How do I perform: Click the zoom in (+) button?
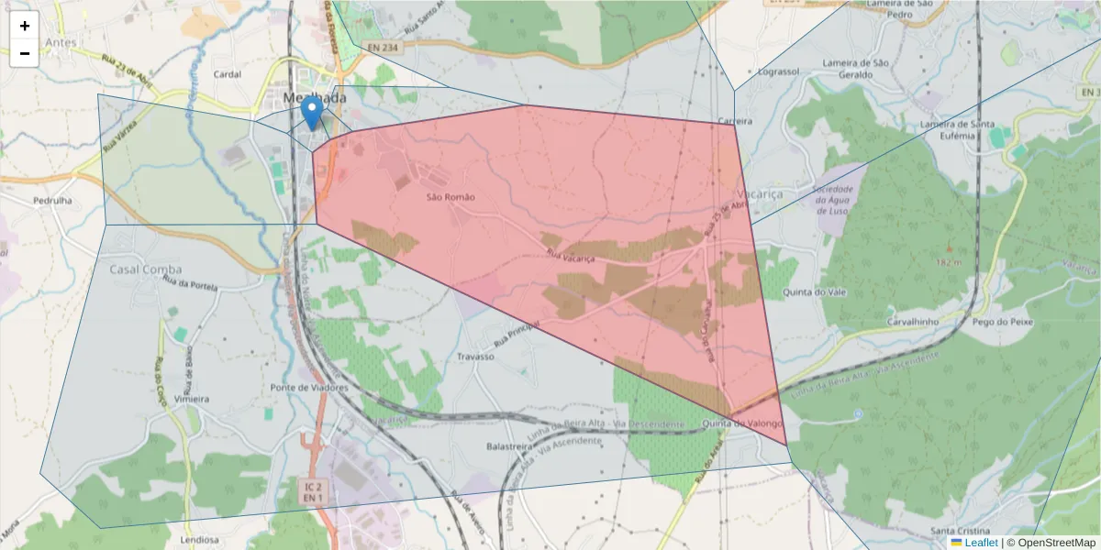tap(25, 27)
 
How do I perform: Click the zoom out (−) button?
tap(25, 53)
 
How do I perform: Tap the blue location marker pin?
tap(312, 115)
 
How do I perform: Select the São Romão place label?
tap(450, 197)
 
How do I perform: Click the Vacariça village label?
tap(757, 195)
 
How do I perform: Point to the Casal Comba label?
tap(145, 269)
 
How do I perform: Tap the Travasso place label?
tap(475, 357)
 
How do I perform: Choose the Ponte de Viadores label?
tap(309, 388)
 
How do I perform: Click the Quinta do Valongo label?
tap(742, 423)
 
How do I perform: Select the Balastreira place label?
tap(510, 446)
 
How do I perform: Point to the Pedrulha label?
tap(52, 199)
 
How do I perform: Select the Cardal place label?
tap(227, 74)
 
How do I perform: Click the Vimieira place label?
tap(191, 399)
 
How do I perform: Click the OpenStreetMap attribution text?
tap(1054, 543)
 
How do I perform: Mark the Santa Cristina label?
tap(960, 532)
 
